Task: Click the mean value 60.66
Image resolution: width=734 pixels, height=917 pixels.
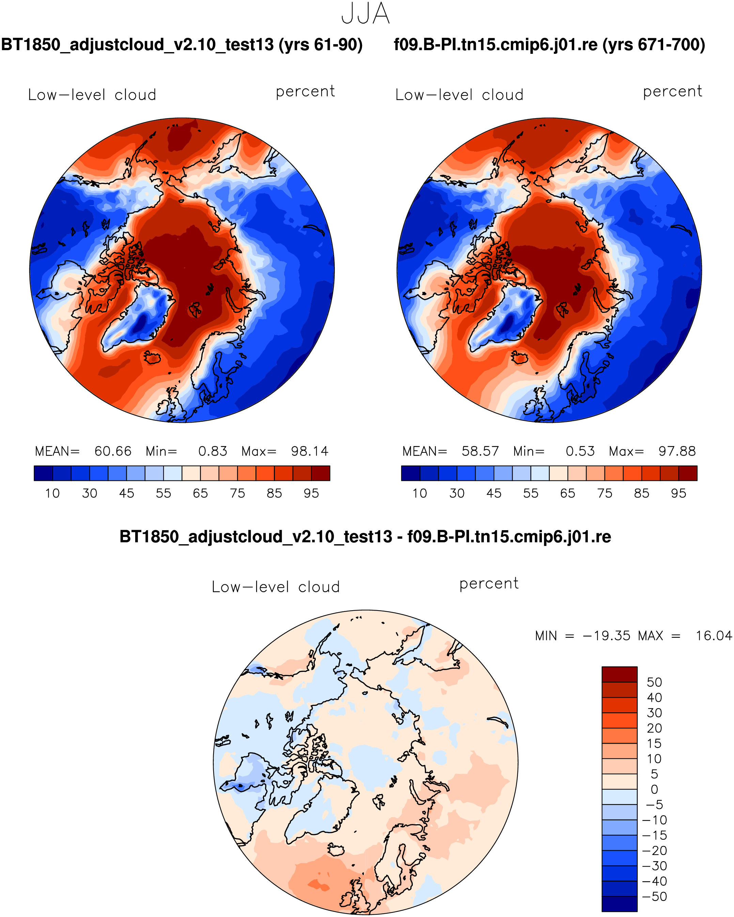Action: pos(113,451)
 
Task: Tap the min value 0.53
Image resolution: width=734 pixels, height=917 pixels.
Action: pos(580,451)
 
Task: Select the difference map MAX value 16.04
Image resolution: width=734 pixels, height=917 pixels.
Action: pos(714,636)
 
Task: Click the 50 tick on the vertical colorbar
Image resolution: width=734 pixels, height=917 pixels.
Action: pos(654,683)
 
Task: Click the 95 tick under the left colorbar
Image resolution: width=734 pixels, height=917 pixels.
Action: pos(311,493)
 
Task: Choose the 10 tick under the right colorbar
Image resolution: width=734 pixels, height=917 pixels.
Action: pos(420,493)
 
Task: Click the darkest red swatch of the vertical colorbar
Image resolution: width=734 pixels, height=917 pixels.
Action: pos(619,675)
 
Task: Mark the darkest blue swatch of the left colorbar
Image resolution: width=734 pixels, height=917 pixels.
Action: pos(43,473)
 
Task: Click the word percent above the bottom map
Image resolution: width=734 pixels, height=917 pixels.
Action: pos(489,584)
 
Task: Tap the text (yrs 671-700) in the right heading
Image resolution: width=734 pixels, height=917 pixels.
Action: pos(654,45)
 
